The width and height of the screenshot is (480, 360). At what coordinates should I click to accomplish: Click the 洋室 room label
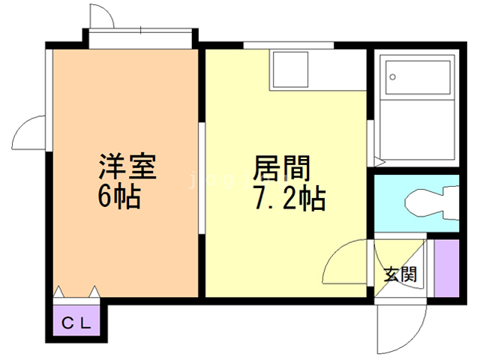point(127,166)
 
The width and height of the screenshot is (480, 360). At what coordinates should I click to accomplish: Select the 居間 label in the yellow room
point(282,167)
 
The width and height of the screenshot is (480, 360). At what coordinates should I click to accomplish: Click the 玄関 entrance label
point(400,274)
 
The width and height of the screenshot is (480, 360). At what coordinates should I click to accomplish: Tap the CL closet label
point(76,324)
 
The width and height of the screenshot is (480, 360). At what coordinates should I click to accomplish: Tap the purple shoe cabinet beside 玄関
point(446,268)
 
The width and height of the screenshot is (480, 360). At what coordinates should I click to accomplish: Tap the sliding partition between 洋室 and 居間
point(202,177)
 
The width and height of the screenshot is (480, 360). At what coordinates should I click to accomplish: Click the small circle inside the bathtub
point(393,76)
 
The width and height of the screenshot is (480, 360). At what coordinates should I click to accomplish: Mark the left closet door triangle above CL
point(60,291)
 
